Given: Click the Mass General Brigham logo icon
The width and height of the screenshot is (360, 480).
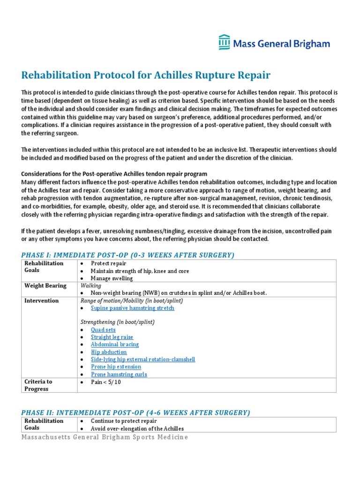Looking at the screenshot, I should (x=225, y=43).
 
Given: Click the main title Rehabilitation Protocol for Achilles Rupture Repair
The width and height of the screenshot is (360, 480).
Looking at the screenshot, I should (x=146, y=75).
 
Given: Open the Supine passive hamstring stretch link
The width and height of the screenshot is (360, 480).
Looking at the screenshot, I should (x=132, y=308).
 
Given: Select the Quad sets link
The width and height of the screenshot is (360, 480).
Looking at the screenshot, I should (x=103, y=330).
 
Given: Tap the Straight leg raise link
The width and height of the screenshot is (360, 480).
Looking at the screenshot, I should (x=112, y=337).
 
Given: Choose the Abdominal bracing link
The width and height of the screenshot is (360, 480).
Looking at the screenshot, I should (x=115, y=345).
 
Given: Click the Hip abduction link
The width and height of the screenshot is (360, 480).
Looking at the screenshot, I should (x=109, y=352).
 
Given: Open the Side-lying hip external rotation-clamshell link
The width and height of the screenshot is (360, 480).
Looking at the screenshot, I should (x=143, y=360).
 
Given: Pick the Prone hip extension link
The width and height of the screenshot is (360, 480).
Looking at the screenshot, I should (x=116, y=367).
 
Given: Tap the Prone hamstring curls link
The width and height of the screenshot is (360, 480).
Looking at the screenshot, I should (x=119, y=375).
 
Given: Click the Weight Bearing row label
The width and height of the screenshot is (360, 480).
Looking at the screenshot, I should (x=45, y=286).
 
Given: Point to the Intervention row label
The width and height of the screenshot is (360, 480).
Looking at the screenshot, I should (x=42, y=301).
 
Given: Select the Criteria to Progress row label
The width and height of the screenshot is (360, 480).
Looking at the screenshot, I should (x=38, y=385).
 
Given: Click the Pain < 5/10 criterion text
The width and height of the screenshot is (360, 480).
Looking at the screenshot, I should (x=106, y=382).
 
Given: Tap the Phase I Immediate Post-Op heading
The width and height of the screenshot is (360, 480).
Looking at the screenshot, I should (x=127, y=255).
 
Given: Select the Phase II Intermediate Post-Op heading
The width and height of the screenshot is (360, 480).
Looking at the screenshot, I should (x=135, y=412).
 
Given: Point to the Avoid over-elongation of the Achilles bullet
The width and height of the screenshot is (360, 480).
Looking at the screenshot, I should (x=137, y=428).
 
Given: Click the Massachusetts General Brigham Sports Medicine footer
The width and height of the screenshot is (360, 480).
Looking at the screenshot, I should (x=105, y=437).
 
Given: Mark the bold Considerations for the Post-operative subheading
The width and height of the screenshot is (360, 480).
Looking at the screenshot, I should (x=114, y=174).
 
